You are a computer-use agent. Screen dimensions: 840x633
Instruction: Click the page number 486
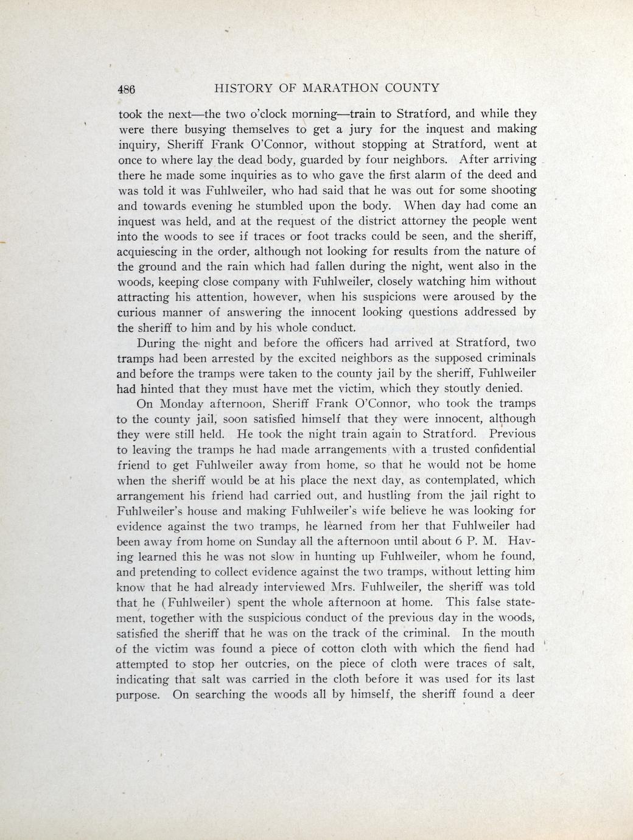point(127,88)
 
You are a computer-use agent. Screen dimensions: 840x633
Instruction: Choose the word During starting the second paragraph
point(156,343)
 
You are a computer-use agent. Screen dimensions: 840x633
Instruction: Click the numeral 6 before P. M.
point(460,541)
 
